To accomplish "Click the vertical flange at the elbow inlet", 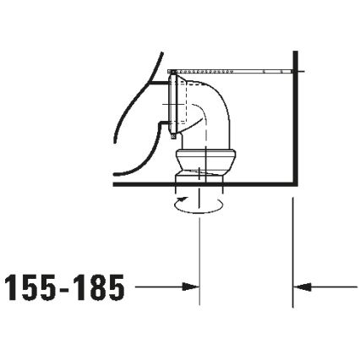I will pyautogui.click(x=173, y=103).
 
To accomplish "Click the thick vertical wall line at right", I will pyautogui.click(x=292, y=127).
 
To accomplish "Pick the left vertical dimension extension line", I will pyautogui.click(x=199, y=254).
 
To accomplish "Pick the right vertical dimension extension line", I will pyautogui.click(x=292, y=254).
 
